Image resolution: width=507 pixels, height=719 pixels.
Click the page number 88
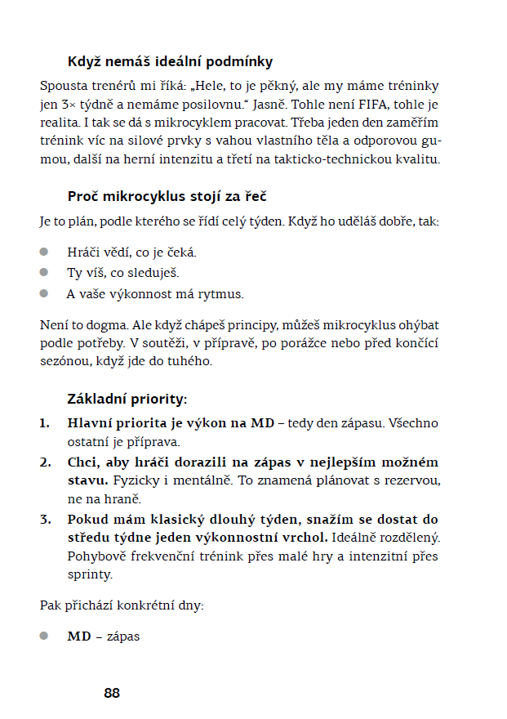click(112, 693)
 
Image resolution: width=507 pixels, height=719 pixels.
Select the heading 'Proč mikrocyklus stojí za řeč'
click(167, 196)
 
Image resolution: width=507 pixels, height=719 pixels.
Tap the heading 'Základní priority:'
click(127, 400)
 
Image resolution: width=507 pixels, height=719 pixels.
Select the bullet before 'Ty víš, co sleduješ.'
click(45, 272)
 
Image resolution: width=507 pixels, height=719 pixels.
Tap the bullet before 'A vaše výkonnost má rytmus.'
click(45, 293)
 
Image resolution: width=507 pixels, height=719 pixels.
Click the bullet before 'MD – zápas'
click(45, 635)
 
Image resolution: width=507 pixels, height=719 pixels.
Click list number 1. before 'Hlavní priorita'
click(45, 423)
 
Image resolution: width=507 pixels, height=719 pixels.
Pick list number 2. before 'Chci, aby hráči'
click(45, 462)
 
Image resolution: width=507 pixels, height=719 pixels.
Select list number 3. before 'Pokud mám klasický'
click(45, 519)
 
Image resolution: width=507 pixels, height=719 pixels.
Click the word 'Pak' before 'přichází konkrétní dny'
click(50, 605)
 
